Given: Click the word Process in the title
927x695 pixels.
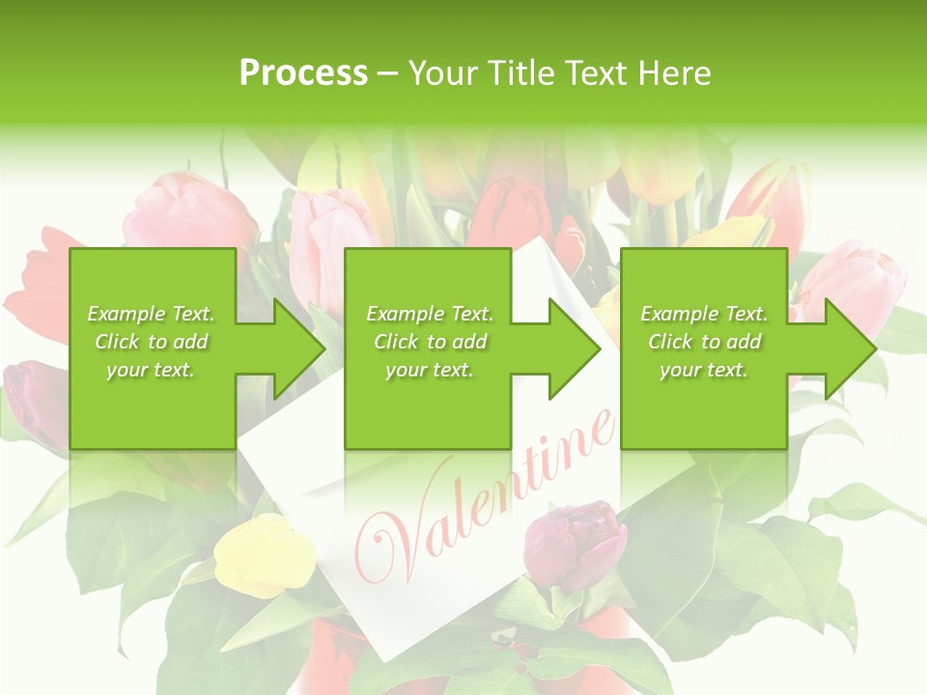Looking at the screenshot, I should pyautogui.click(x=303, y=72).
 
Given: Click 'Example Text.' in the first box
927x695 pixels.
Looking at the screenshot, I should pyautogui.click(x=151, y=314).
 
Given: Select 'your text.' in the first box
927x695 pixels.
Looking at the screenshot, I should pyautogui.click(x=151, y=370).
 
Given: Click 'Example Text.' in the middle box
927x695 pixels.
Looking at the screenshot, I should pyautogui.click(x=430, y=314).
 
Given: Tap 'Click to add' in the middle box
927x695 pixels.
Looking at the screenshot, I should pyautogui.click(x=430, y=342).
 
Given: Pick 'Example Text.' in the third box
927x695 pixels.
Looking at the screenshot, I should pyautogui.click(x=704, y=314).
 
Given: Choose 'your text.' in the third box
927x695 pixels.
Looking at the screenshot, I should pyautogui.click(x=704, y=370).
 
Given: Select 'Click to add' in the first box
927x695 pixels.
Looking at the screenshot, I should pyautogui.click(x=151, y=342).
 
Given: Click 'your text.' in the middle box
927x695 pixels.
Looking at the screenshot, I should pyautogui.click(x=430, y=370).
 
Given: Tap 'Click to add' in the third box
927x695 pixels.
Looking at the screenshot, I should pyautogui.click(x=704, y=342).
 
